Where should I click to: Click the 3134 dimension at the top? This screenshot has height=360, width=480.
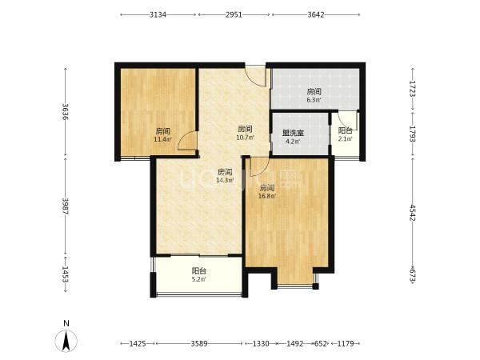tap(158, 14)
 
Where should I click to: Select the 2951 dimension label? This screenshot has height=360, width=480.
tap(234, 14)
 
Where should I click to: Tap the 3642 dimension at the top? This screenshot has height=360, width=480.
tap(316, 14)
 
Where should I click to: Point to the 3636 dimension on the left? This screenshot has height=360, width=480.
tap(66, 112)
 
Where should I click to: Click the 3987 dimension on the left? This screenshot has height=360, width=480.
tap(66, 206)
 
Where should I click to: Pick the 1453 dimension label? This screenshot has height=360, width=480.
tap(66, 274)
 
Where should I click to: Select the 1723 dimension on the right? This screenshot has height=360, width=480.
tap(412, 89)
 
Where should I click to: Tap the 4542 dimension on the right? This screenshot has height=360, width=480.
tap(412, 213)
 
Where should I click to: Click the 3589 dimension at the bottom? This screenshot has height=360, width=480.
tap(199, 343)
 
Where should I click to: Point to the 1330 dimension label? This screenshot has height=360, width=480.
tap(261, 343)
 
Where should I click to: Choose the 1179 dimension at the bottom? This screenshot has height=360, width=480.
tap(346, 343)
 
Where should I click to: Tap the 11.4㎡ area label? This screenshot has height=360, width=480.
tap(162, 140)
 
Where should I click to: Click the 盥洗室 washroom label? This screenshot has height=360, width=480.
tap(293, 133)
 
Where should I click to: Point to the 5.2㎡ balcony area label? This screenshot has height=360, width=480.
tap(198, 279)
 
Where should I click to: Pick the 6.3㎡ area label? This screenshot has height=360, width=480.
tap(314, 100)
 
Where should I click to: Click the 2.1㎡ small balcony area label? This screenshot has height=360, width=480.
tap(345, 139)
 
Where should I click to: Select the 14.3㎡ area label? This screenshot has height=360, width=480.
tap(225, 180)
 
